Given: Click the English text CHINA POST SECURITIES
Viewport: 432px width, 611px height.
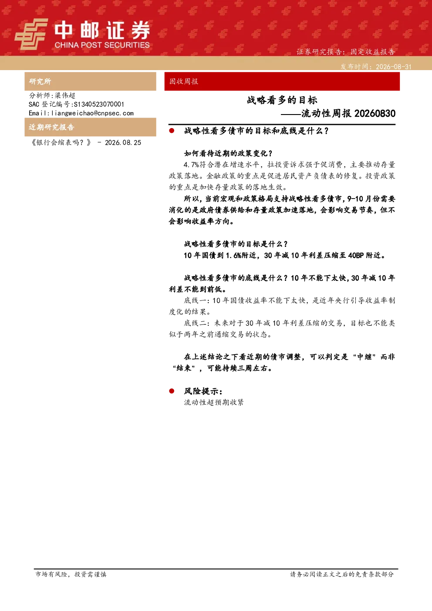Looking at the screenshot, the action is pos(102,45).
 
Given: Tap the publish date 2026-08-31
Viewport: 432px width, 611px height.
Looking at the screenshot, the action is pos(394,67).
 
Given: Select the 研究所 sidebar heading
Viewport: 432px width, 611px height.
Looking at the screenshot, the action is pos(40,81).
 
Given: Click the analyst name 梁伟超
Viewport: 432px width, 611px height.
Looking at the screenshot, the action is pos(65,95).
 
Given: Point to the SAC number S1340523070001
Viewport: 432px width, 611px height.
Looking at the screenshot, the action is pos(99,104).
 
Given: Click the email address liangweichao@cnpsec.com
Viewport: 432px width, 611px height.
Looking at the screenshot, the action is pos(92,113).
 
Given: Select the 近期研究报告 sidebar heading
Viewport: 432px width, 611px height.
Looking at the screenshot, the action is pos(51,127).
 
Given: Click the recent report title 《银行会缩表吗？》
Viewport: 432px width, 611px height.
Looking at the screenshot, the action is pos(61,143).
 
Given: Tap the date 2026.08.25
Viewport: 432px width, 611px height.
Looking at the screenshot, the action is pos(123,143).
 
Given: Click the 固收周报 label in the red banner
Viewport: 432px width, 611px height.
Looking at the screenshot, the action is pos(183,81).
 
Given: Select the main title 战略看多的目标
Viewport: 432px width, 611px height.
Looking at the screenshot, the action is pos(282,100).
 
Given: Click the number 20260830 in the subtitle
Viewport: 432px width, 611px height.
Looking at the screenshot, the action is pos(375,114).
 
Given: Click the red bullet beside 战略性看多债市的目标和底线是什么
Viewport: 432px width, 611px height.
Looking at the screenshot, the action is pos(172,131).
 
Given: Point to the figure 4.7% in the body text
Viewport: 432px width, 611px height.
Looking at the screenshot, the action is pos(191,165).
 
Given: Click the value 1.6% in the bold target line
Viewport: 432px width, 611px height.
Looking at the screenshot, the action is pos(233,256).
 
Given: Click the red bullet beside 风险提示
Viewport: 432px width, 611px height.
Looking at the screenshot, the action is pos(172,391).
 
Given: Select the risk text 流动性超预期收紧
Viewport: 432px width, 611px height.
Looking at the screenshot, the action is pos(213,402).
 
